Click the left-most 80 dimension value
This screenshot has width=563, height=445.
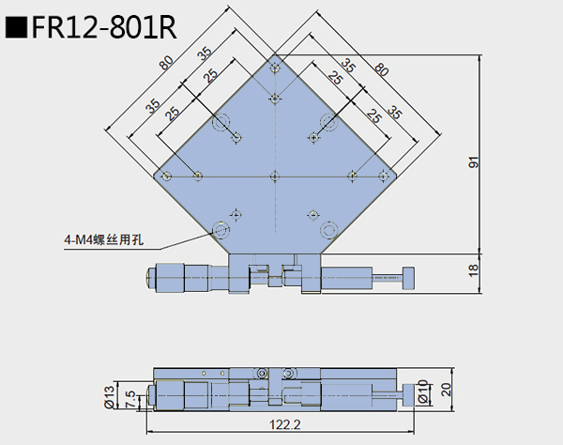tap(165, 65)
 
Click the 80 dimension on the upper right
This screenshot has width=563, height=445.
tap(381, 69)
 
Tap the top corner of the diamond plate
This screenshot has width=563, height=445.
tap(275, 56)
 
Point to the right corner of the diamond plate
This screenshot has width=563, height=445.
tap(392, 175)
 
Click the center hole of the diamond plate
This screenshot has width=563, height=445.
tap(274, 175)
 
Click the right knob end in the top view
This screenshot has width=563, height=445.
tap(408, 277)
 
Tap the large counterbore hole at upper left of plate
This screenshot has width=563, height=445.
tap(221, 122)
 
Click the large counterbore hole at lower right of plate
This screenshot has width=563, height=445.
tap(327, 229)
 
